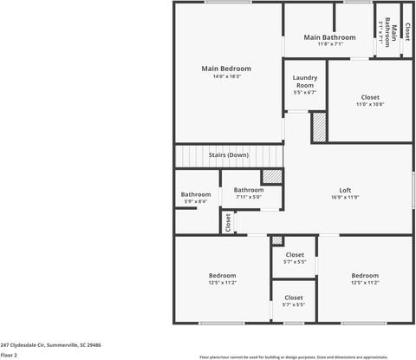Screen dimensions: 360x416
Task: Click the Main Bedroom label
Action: [226, 69]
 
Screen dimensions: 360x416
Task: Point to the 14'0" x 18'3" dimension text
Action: [226, 76]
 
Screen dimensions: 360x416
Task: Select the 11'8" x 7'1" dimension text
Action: [329, 44]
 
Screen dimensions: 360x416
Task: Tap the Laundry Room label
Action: [304, 82]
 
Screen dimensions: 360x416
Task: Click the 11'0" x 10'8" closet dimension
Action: [369, 104]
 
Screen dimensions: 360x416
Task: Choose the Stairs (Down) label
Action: [229, 155]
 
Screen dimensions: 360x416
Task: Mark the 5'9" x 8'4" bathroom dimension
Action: [195, 202]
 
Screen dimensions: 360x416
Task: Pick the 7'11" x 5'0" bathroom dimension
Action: [249, 197]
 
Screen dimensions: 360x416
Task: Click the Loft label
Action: [345, 190]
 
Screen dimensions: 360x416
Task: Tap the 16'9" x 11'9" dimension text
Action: [345, 198]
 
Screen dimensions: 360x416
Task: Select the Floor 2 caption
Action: [9, 355]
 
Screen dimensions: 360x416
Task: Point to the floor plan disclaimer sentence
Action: [305, 357]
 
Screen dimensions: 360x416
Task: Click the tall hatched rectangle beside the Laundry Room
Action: [318, 128]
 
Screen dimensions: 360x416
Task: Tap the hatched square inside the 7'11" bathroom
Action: [273, 175]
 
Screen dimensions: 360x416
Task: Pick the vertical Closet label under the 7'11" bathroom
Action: [229, 222]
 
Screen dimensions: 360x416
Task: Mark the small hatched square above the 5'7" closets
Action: [277, 240]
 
